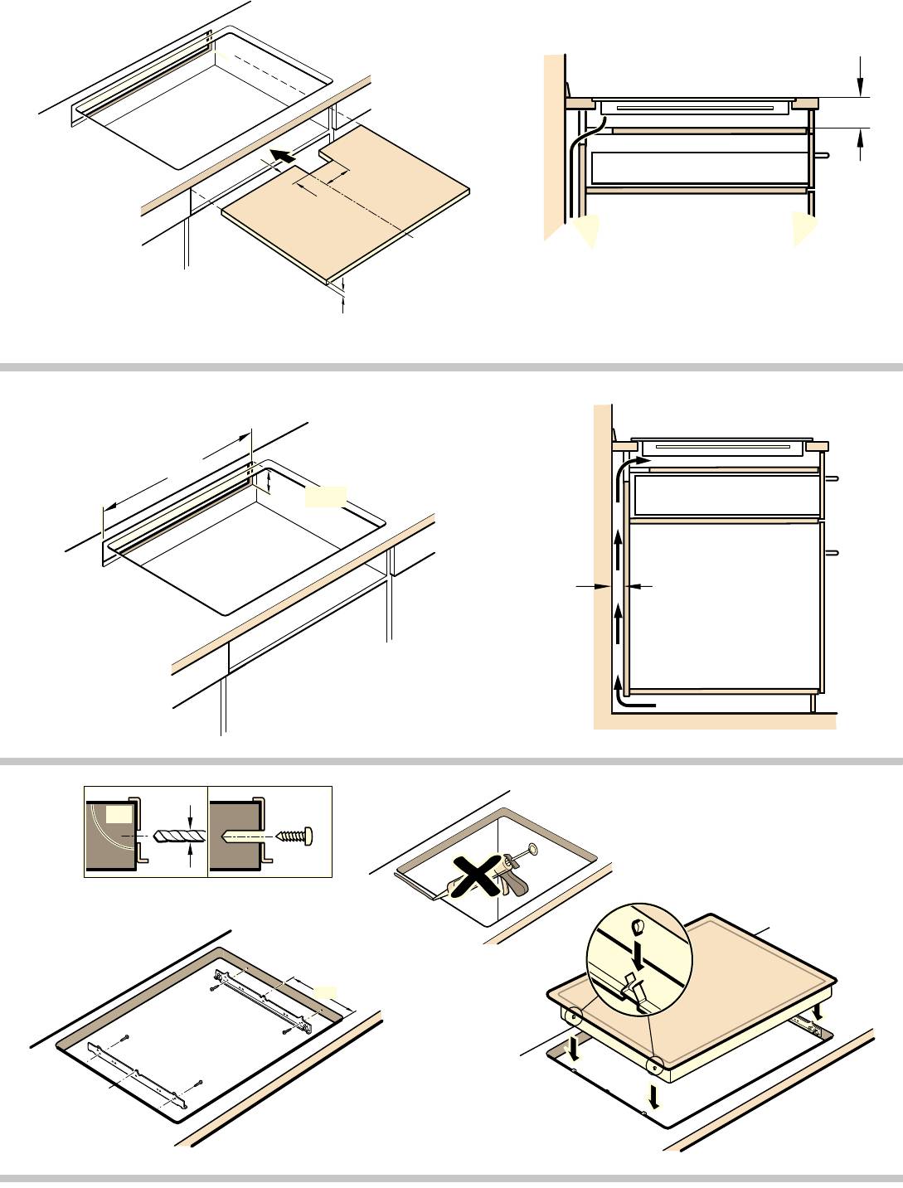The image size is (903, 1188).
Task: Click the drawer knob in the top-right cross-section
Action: [823, 154]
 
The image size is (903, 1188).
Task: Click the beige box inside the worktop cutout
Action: [325, 497]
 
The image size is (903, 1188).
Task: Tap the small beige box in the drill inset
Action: [119, 816]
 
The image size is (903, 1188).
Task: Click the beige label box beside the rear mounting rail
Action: [328, 992]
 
